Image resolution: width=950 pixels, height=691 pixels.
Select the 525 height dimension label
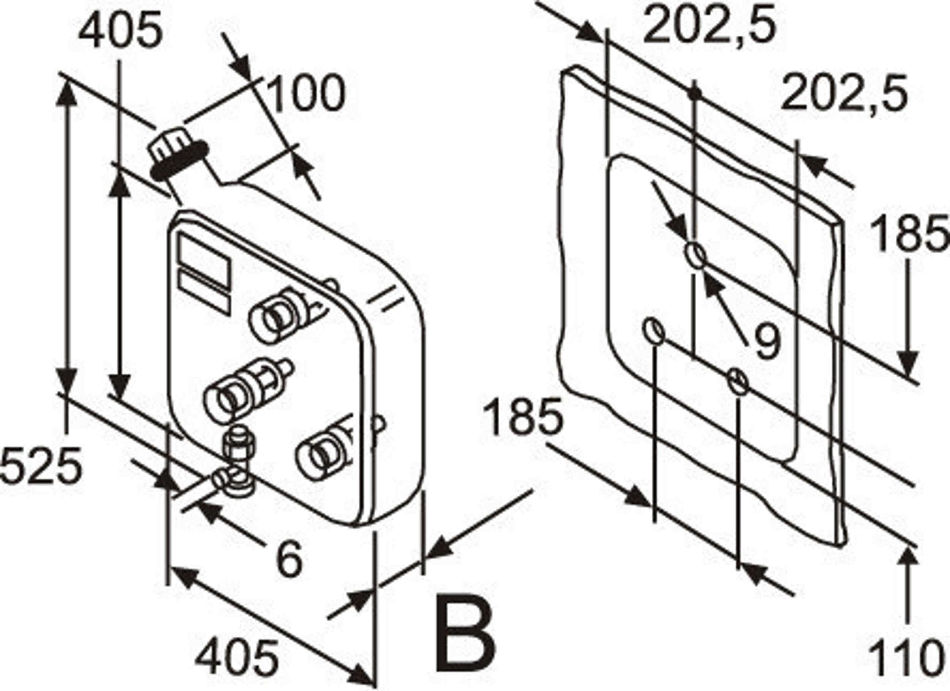point(41,465)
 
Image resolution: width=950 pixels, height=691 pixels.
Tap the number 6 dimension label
point(290,559)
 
